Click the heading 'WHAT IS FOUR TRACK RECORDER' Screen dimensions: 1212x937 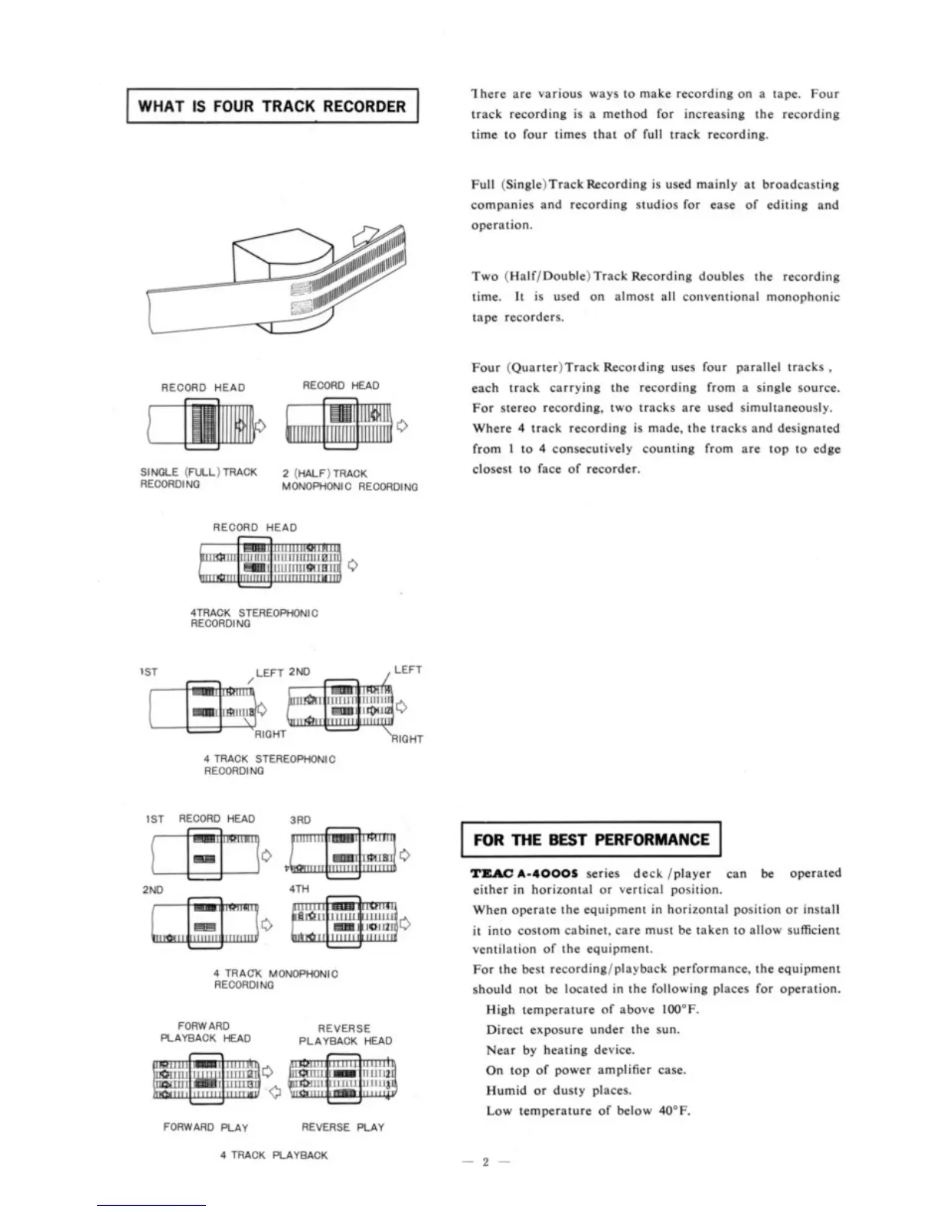click(272, 106)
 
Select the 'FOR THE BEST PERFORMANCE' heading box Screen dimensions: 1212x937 click(591, 840)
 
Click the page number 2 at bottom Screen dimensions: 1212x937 click(484, 1163)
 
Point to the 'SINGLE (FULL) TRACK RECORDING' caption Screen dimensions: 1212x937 click(198, 478)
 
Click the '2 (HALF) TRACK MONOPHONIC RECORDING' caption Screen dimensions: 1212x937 click(349, 481)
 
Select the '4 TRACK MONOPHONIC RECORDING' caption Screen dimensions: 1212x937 click(275, 979)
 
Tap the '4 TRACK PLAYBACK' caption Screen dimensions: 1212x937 click(273, 1155)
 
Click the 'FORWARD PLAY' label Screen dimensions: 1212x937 click(205, 1128)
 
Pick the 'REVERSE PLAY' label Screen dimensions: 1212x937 click(342, 1128)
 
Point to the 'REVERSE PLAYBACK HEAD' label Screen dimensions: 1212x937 click(344, 1035)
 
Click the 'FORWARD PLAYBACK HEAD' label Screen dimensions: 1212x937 click(204, 1032)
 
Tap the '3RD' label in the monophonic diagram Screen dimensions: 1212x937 click(300, 819)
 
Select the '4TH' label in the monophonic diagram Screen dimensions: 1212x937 click(299, 891)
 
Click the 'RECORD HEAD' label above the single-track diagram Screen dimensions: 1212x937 click(203, 388)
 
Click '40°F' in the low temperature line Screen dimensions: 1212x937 click(674, 1111)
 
